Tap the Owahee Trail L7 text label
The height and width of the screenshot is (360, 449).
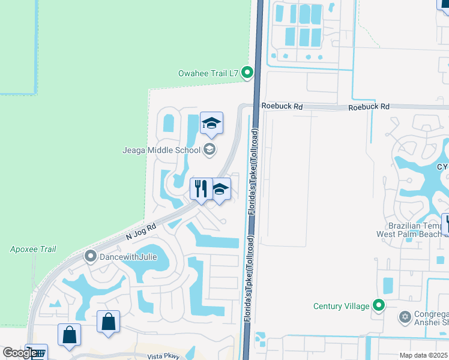[x=208, y=74]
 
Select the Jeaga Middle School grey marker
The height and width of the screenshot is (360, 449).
[x=209, y=149]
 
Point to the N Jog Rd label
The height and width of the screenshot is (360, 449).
[x=142, y=232]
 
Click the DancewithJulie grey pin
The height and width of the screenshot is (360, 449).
[x=91, y=257]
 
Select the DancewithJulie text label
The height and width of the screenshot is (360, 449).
[x=124, y=257]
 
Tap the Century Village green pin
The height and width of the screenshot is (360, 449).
[x=378, y=306]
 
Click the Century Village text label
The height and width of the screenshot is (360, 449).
[x=342, y=306]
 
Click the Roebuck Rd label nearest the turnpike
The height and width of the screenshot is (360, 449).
[x=282, y=106]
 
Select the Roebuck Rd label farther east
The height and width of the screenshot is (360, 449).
[x=369, y=106]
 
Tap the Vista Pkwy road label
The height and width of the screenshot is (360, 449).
[x=164, y=356]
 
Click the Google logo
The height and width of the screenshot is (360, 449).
[x=19, y=353]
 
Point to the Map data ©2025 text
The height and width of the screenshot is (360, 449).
[x=424, y=356]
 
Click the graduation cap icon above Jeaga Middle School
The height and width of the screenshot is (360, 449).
[x=211, y=123]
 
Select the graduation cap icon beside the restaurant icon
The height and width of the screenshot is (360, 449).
[x=221, y=189]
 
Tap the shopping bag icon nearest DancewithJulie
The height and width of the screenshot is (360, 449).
[x=108, y=321]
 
